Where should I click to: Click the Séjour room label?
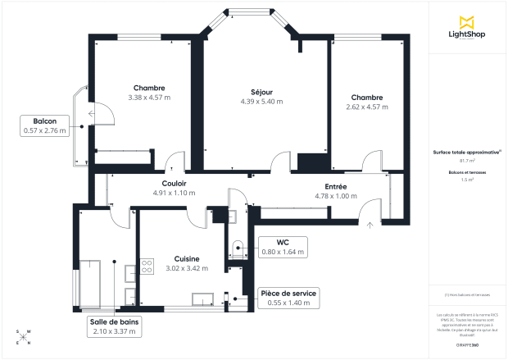click(261, 92)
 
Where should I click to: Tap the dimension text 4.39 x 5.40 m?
click(261, 102)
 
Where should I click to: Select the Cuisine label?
click(183, 258)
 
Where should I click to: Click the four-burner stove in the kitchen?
click(147, 266)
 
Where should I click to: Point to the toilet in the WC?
click(238, 246)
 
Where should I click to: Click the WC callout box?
click(282, 247)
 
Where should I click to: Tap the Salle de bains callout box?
click(115, 327)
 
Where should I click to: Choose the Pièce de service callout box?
click(288, 298)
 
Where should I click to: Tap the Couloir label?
click(174, 184)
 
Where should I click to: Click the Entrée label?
click(336, 186)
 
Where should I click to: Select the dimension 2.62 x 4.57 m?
click(365, 107)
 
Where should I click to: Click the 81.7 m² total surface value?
click(468, 161)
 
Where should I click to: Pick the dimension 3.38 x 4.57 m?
click(149, 98)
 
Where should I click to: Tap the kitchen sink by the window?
click(202, 298)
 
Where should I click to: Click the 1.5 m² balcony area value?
click(468, 179)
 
